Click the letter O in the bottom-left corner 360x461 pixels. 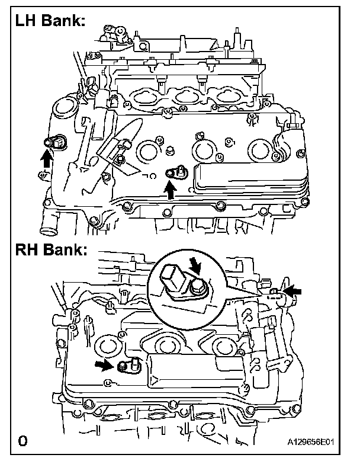(22, 440)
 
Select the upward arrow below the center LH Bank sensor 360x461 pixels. (171, 189)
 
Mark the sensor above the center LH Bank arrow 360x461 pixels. (176, 172)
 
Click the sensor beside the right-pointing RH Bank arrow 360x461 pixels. (127, 365)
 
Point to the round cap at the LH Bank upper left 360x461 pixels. (62, 110)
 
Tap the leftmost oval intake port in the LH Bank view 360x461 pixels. (142, 95)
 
